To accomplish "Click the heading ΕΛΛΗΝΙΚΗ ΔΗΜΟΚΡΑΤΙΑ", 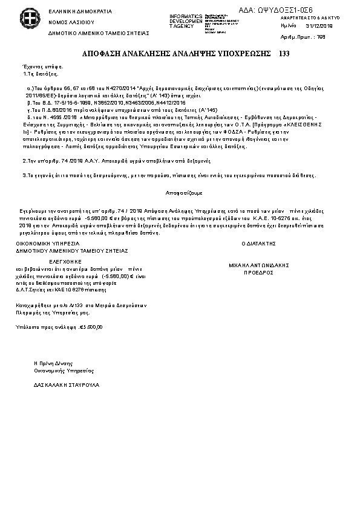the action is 71,11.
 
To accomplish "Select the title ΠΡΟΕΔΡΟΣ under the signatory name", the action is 258,273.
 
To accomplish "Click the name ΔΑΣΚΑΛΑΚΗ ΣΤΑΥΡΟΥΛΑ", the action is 63,384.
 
